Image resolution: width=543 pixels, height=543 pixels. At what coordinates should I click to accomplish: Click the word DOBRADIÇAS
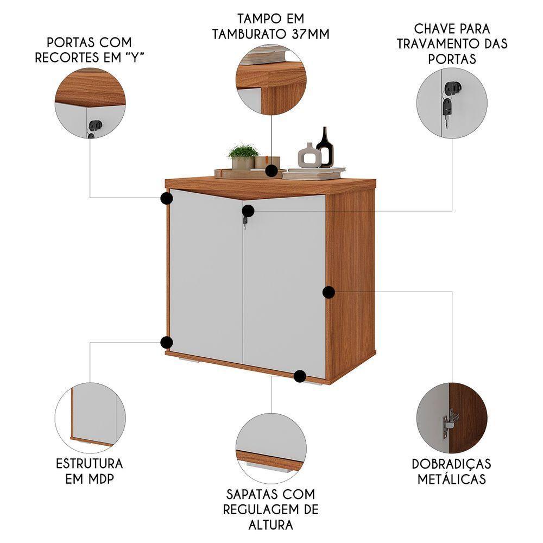pyautogui.click(x=451, y=464)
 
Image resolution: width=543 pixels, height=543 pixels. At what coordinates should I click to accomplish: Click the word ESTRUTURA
pyautogui.click(x=90, y=464)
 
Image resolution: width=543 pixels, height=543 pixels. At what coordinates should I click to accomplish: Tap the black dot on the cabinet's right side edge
pyautogui.click(x=329, y=292)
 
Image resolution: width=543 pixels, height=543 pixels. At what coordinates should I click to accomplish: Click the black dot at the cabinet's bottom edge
pyautogui.click(x=299, y=376)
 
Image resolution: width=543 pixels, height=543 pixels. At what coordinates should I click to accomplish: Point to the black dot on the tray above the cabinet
pyautogui.click(x=272, y=172)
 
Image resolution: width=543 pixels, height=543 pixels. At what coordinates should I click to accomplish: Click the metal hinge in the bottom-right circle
pyautogui.click(x=450, y=423)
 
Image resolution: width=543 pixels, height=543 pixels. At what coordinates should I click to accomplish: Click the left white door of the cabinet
pyautogui.click(x=205, y=271)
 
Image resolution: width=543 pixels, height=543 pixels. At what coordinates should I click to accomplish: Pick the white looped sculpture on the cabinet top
pyautogui.click(x=309, y=156)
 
